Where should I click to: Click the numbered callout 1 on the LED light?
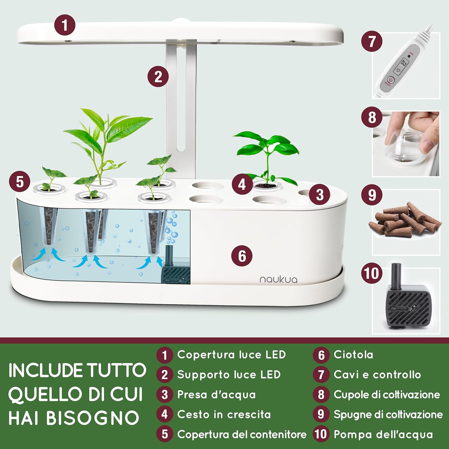[x=65, y=25]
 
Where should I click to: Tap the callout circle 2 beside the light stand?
[x=158, y=77]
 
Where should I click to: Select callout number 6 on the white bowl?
[x=242, y=256]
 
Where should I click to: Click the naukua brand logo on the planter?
[x=278, y=280]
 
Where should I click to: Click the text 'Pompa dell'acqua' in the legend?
[x=383, y=434]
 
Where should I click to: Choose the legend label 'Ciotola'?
[x=353, y=355]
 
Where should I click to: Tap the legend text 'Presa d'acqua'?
[x=216, y=395]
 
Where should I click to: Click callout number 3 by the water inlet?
[x=320, y=195]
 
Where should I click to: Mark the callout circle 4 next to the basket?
[x=242, y=184]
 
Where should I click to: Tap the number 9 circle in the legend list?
[x=321, y=414]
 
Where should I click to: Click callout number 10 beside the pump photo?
[x=371, y=273]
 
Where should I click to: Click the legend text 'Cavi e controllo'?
[x=377, y=374]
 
